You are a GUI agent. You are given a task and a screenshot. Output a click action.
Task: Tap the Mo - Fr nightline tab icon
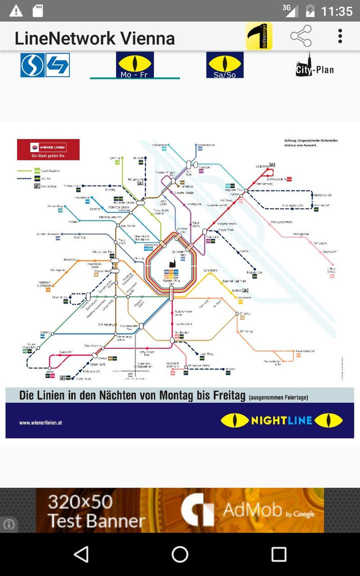click(135, 65)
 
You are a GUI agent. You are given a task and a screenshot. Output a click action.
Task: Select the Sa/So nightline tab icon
click(225, 65)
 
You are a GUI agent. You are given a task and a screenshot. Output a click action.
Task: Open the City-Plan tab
click(314, 65)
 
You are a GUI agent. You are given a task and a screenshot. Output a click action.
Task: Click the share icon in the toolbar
click(301, 36)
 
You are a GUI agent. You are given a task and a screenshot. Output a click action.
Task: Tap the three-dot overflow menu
click(340, 36)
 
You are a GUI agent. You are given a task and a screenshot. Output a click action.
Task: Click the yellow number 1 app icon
click(258, 36)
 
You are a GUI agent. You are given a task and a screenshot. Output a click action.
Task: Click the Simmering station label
click(246, 331)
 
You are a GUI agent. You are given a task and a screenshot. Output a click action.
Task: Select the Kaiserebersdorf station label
click(304, 351)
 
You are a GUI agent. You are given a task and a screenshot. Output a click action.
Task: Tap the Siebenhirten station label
click(83, 378)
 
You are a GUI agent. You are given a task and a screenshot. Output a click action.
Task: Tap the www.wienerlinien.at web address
click(40, 423)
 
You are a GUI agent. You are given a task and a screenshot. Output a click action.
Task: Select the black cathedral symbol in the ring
click(171, 264)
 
